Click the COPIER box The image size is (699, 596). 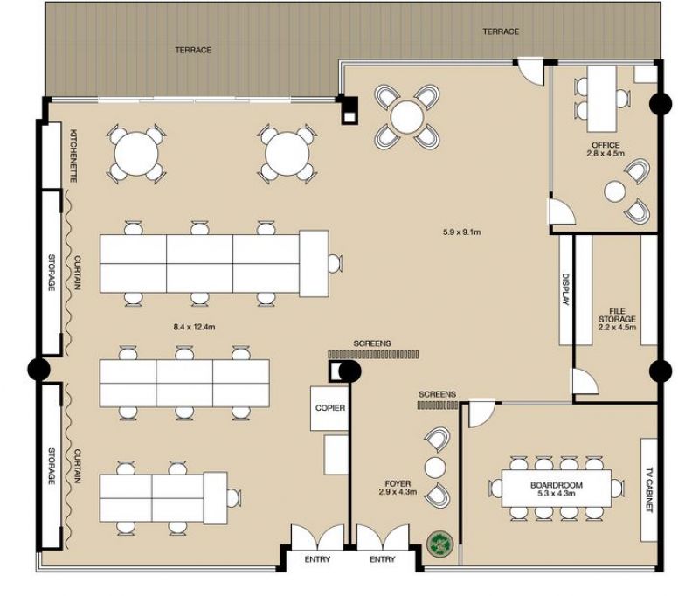330,408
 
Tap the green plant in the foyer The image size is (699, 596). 440,544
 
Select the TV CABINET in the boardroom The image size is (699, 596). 649,490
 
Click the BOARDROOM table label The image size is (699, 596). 557,484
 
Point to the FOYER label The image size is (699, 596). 398,483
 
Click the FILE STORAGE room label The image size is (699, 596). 617,315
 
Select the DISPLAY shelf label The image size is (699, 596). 565,289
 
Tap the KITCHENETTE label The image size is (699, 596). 73,156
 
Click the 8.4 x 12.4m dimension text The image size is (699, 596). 194,327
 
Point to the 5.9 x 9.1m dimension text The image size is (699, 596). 462,232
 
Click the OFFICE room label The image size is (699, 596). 606,145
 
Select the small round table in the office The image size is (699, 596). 615,191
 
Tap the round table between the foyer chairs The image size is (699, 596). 435,468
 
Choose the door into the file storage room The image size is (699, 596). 585,381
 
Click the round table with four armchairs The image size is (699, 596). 406,117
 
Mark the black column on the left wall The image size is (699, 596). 38,370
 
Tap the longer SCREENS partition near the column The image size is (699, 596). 374,355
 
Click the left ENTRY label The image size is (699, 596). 317,559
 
